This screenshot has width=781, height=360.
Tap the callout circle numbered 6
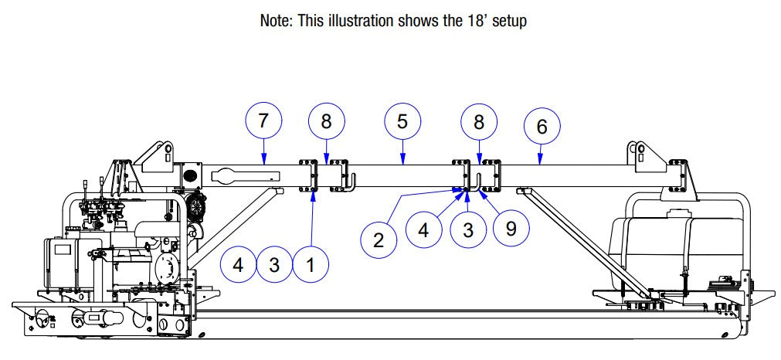click(542, 127)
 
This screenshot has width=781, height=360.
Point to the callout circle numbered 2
click(379, 239)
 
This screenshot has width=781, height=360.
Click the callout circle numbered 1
click(310, 264)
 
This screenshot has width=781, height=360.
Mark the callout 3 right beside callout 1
click(274, 264)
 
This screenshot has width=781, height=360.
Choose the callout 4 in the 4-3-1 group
click(238, 264)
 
